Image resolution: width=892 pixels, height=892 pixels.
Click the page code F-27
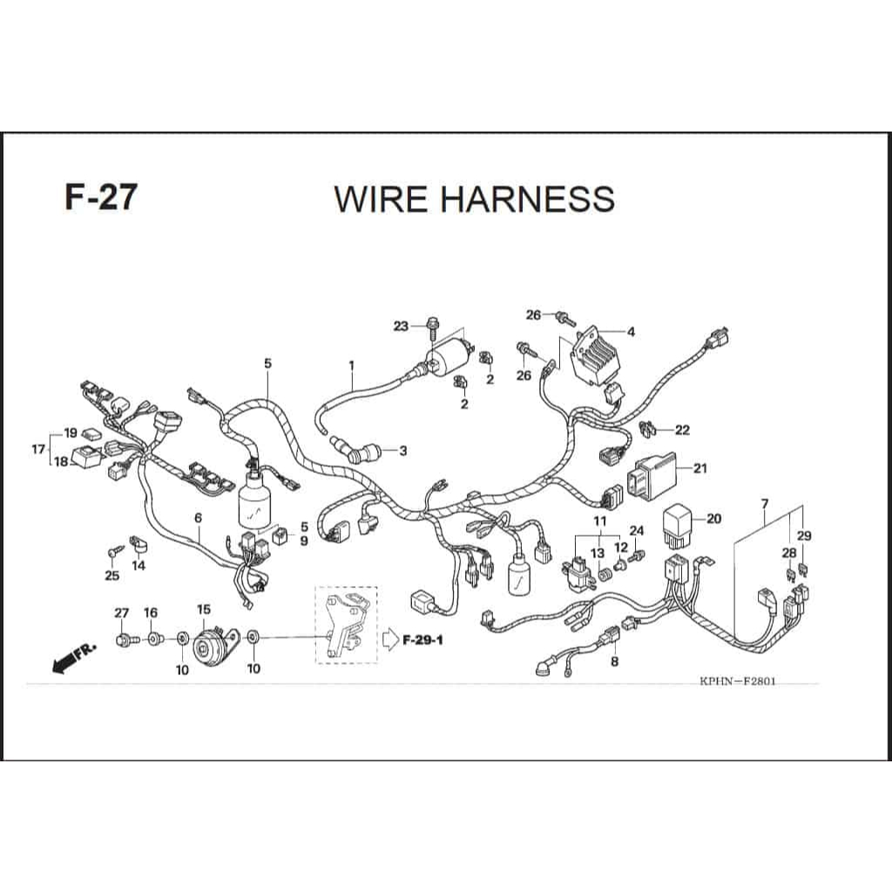100,197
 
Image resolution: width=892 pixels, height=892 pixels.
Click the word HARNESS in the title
528,199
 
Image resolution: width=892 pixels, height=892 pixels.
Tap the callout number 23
400,327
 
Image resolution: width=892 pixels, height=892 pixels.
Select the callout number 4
631,332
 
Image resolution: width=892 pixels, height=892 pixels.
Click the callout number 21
700,469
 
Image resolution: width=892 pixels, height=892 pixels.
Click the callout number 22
682,429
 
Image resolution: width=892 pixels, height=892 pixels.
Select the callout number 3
402,451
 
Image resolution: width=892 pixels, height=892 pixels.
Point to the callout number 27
121,613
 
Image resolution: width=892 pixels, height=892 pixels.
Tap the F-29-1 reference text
424,641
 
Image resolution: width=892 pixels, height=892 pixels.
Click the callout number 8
615,662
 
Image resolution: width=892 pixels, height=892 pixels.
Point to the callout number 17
37,449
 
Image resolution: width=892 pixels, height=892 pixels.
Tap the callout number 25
111,575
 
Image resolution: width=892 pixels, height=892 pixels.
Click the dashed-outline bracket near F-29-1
346,625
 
